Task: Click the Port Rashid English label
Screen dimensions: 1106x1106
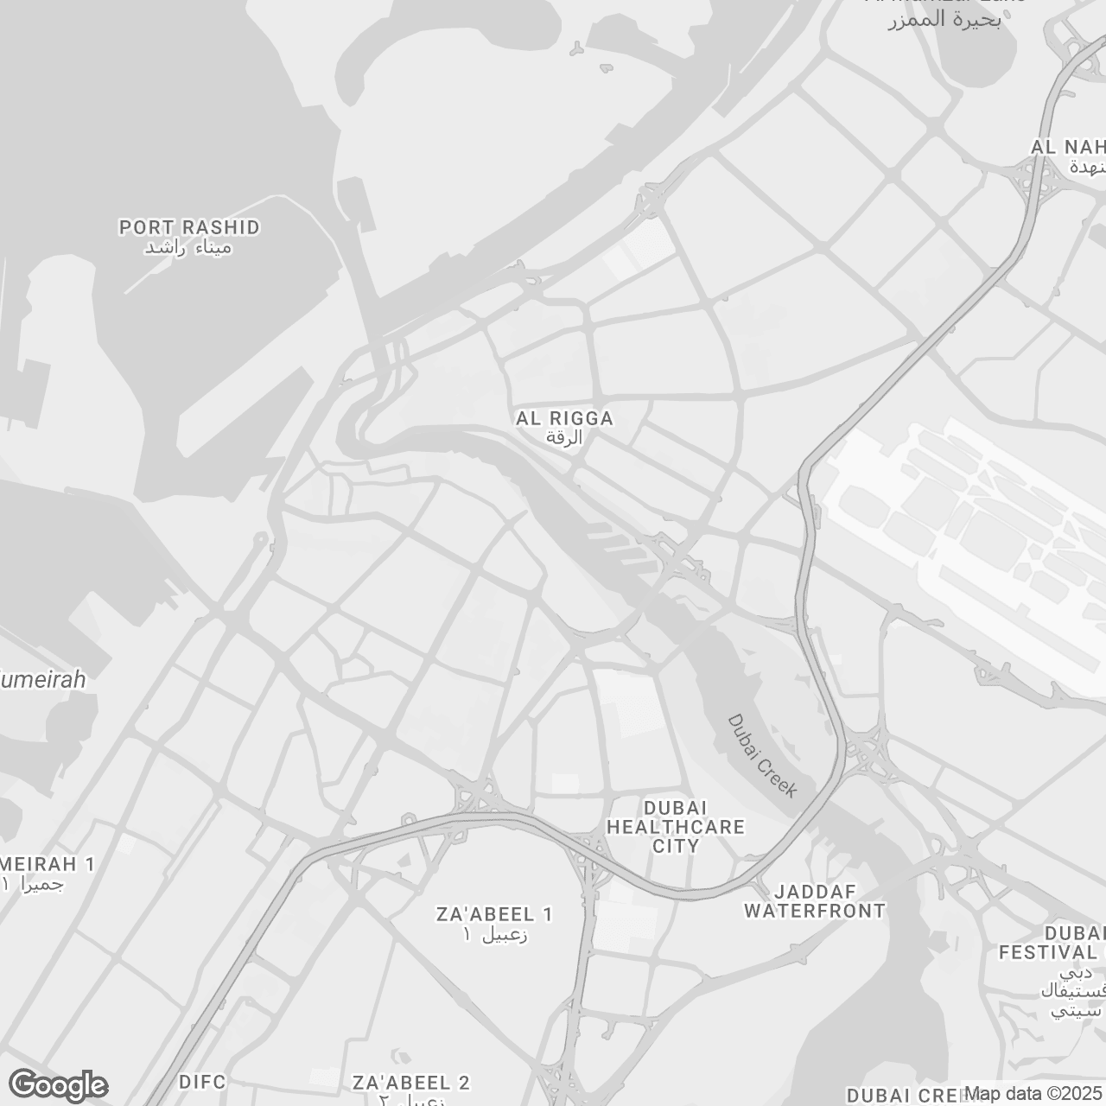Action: (189, 227)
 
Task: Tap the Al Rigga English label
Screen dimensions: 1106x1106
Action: (564, 418)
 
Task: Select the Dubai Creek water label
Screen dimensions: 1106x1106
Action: (760, 756)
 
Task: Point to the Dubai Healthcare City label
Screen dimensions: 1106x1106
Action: (676, 827)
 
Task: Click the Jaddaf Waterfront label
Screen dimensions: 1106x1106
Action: (815, 901)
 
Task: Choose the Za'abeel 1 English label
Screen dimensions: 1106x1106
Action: (495, 914)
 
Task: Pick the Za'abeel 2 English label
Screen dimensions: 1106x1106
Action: (411, 1083)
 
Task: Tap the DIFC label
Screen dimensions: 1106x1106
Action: (202, 1082)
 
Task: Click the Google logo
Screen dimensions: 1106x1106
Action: (58, 1085)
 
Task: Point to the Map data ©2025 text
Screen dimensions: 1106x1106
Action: (1033, 1094)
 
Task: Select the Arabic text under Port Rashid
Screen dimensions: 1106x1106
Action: (188, 248)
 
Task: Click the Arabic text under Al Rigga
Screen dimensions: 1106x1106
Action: (564, 437)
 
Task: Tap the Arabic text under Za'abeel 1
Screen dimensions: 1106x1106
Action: (495, 935)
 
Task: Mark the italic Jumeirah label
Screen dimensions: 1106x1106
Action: (43, 680)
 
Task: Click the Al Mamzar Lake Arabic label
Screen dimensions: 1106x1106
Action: (944, 20)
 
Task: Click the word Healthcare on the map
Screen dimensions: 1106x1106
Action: (676, 827)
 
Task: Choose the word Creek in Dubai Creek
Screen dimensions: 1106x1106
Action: (774, 777)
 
